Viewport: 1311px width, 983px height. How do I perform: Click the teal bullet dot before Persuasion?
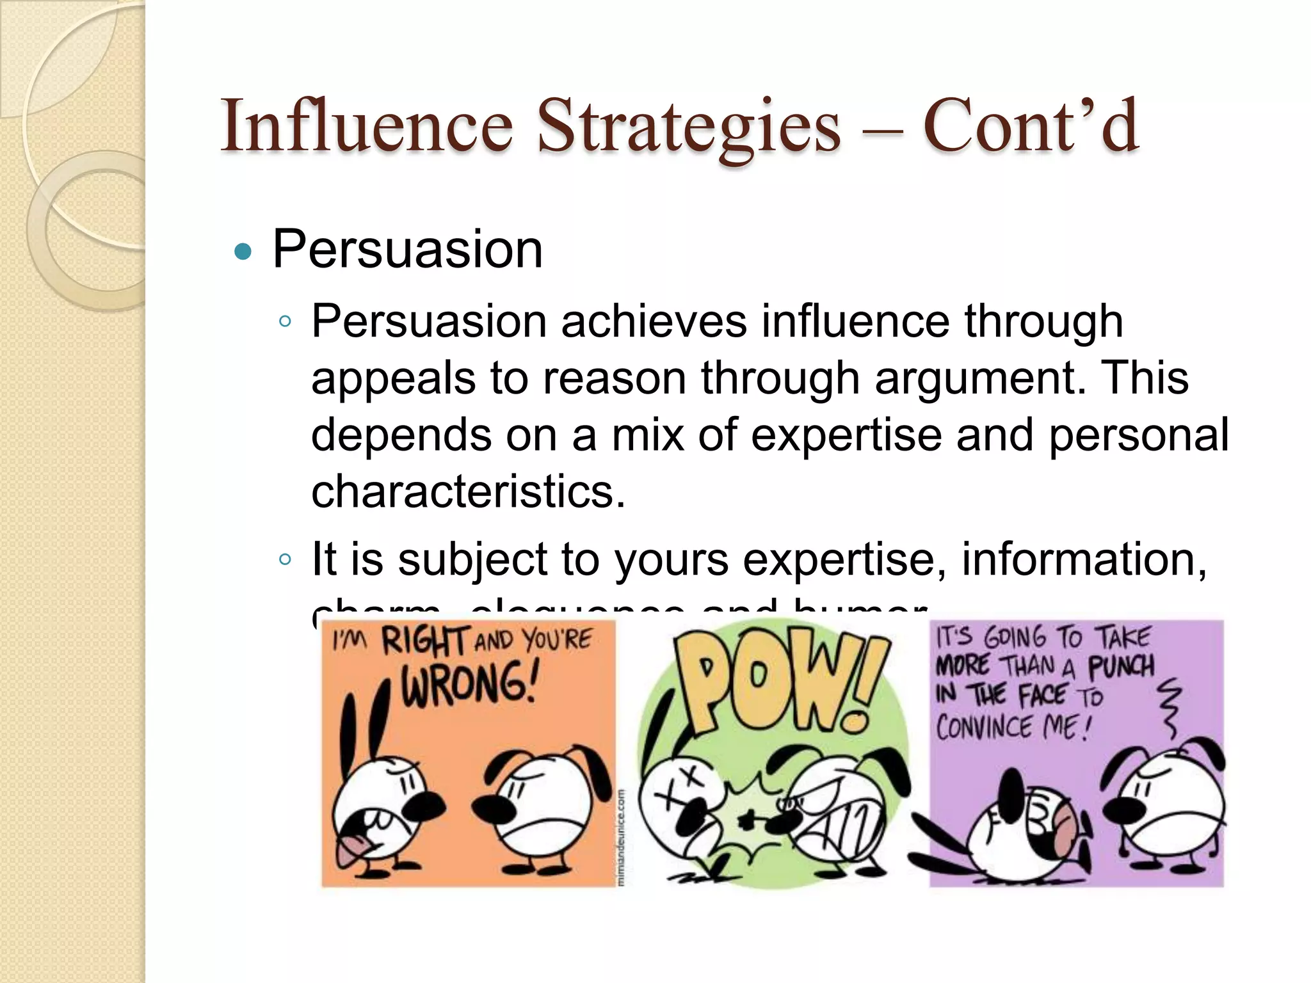click(x=243, y=252)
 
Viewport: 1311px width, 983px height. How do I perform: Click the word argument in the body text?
click(x=979, y=378)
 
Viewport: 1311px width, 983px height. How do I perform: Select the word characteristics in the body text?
click(x=467, y=491)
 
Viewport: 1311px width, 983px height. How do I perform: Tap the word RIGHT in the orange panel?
click(x=424, y=641)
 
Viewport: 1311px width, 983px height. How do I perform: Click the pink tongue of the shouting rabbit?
click(x=349, y=848)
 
